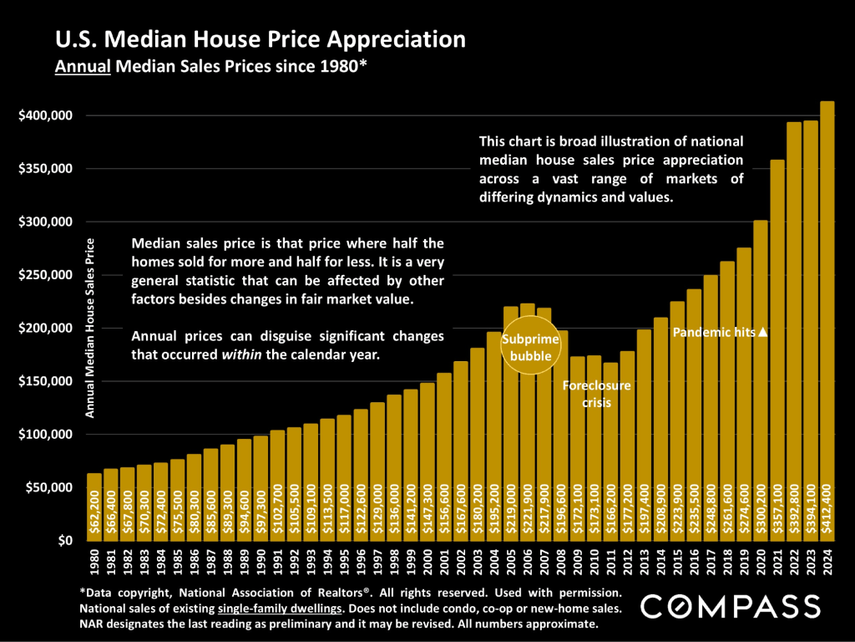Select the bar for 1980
tap(94, 507)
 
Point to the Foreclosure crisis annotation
tap(596, 394)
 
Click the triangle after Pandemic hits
tap(762, 333)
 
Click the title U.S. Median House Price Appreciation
tap(261, 39)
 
